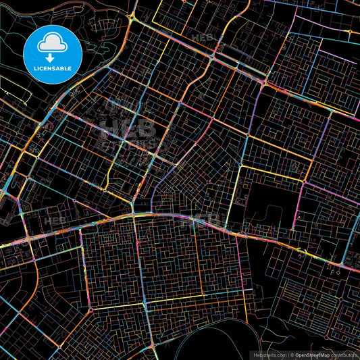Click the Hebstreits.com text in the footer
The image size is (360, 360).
(269, 355)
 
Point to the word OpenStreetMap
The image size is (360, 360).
(311, 355)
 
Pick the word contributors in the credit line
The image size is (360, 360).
(344, 355)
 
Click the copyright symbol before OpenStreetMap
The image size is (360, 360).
(291, 355)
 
